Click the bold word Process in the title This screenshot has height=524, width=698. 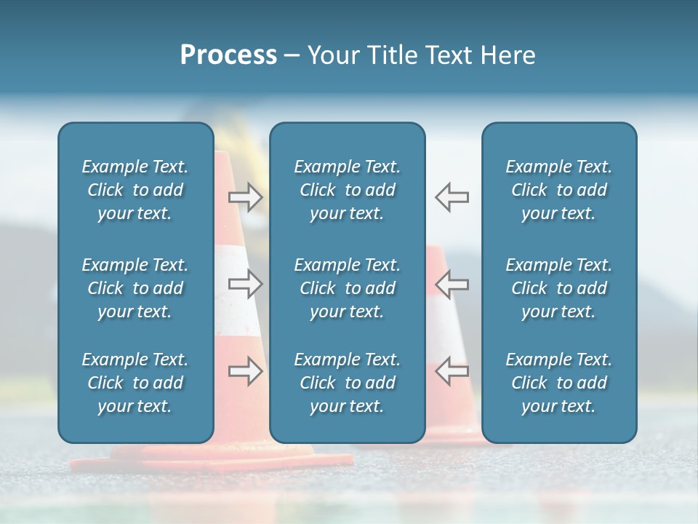click(x=228, y=55)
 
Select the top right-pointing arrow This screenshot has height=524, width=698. click(x=246, y=196)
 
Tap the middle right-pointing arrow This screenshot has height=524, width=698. click(x=246, y=284)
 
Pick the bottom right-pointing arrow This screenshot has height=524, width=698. click(x=246, y=371)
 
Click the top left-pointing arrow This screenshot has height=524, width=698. click(x=452, y=196)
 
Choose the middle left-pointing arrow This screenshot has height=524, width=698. click(x=452, y=284)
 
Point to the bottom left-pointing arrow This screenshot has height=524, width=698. click(x=452, y=371)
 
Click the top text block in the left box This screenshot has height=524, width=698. click(x=135, y=190)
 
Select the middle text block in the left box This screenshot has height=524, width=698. click(x=135, y=288)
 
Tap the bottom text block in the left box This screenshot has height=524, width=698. click(x=135, y=383)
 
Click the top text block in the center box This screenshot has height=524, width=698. click(x=347, y=190)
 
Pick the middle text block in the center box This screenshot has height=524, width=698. click(x=347, y=288)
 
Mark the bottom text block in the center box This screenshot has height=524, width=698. click(x=347, y=383)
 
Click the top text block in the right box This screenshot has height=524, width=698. click(x=558, y=190)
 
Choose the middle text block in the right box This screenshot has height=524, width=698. click(x=558, y=288)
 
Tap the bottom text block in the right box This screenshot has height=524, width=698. click(x=558, y=383)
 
